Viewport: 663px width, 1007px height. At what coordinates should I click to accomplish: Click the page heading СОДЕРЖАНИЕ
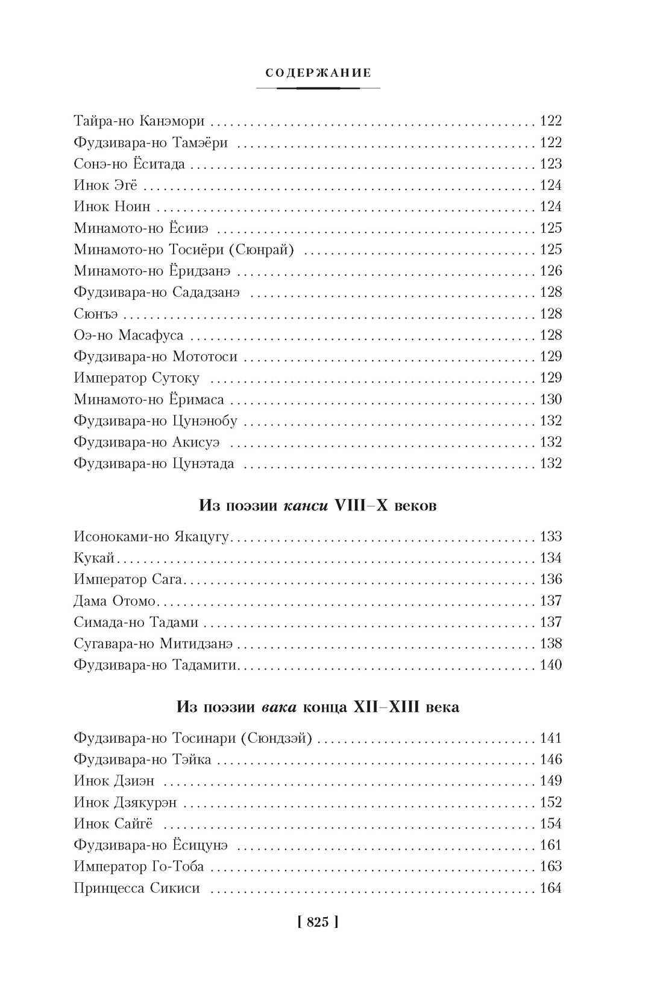click(x=318, y=73)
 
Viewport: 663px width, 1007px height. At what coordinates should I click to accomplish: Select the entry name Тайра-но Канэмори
click(x=139, y=121)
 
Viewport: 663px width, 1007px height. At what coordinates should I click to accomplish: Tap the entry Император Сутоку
click(x=136, y=378)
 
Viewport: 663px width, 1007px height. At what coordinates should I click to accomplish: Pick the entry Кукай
click(x=94, y=558)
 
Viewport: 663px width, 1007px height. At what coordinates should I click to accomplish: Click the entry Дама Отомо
click(x=115, y=601)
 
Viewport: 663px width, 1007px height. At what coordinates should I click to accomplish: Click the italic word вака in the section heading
click(x=279, y=707)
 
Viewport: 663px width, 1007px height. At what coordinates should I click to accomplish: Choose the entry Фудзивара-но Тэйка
click(x=142, y=760)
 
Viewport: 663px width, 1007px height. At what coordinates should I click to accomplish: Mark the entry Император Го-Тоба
click(x=139, y=867)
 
